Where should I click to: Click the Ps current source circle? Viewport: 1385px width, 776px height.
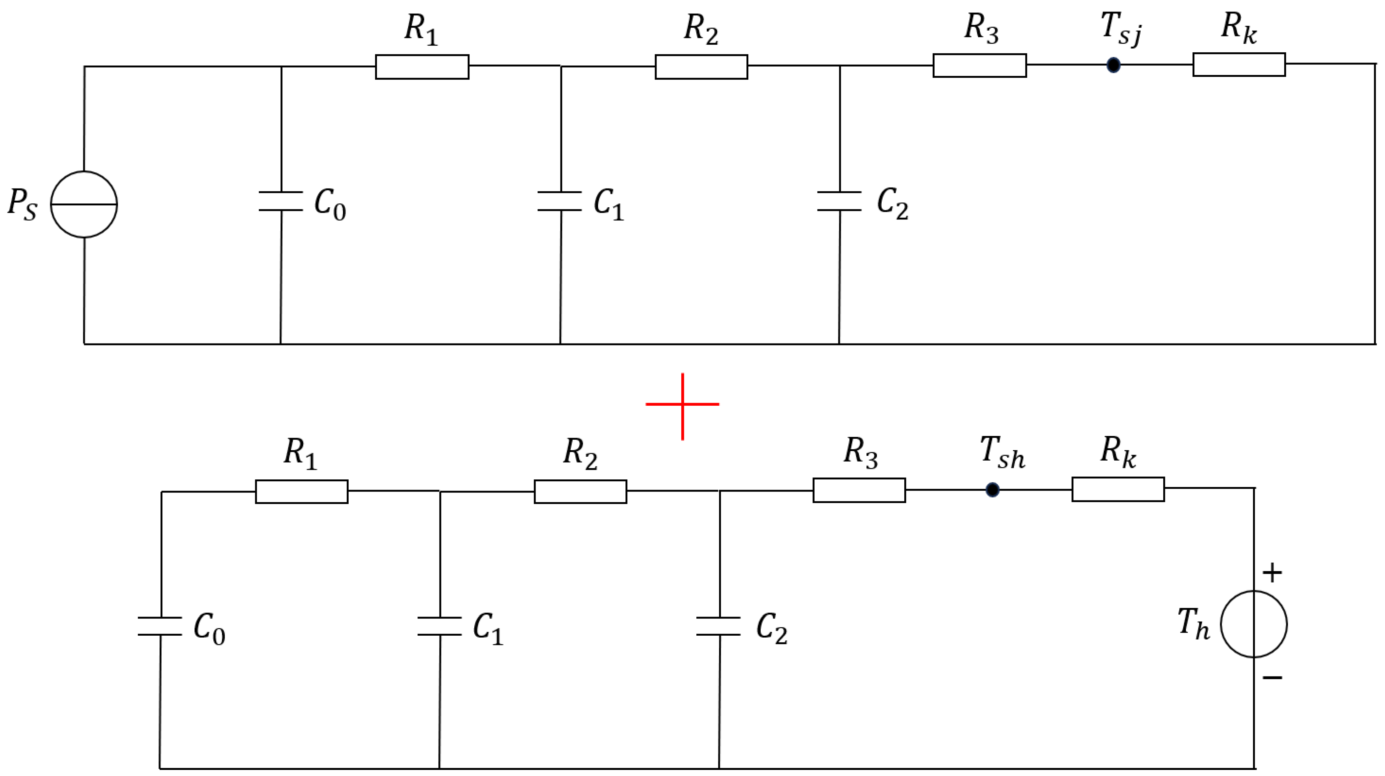(84, 204)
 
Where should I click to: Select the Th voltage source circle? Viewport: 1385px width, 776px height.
(1254, 624)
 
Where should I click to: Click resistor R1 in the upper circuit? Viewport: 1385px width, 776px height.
(422, 67)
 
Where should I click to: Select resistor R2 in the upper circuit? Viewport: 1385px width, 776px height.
(701, 67)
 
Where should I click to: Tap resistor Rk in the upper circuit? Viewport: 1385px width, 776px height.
(1239, 64)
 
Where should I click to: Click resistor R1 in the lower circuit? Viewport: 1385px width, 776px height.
(302, 491)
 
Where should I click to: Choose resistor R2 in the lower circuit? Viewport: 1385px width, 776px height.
(580, 491)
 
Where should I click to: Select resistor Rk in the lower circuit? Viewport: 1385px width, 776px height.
(1118, 489)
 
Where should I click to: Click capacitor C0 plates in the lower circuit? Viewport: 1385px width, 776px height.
(160, 626)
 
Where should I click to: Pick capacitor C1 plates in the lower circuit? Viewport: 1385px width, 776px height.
(439, 626)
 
